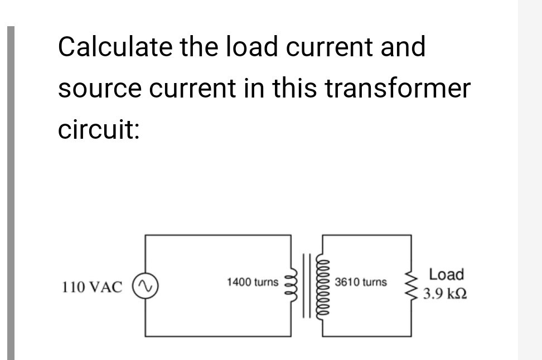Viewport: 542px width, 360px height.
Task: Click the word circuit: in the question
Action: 98,130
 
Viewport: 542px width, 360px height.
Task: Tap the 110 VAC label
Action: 92,288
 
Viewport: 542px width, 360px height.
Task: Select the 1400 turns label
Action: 252,282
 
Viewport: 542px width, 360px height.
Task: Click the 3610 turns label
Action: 360,282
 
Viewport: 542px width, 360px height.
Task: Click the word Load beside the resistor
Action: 447,274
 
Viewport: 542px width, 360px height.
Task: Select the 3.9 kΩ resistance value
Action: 444,294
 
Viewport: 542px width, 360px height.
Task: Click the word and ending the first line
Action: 403,47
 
